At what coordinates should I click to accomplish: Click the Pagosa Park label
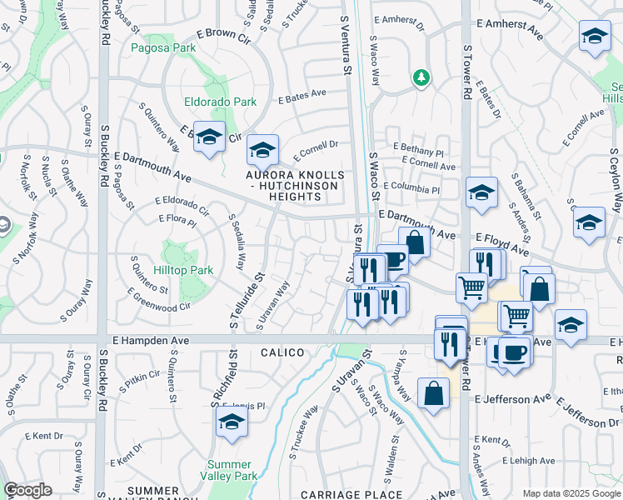163,47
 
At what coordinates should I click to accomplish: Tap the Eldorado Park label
220,102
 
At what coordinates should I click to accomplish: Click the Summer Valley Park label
229,470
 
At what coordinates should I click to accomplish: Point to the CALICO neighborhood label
282,352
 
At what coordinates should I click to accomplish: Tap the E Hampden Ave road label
151,341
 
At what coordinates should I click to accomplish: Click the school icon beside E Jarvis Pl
231,422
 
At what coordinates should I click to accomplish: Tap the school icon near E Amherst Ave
594,37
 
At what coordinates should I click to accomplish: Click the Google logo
27,490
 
